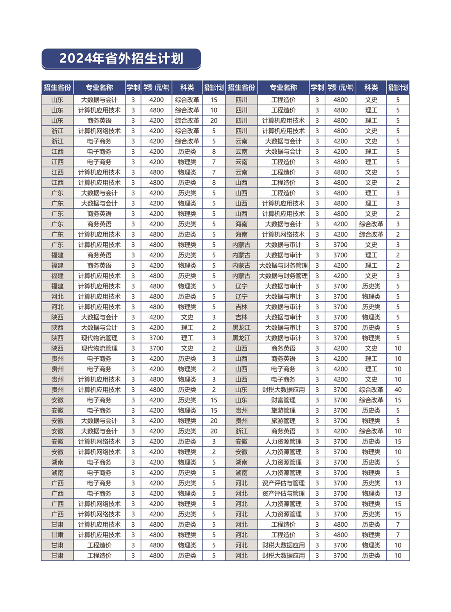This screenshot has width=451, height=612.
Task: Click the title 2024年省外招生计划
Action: coord(121,59)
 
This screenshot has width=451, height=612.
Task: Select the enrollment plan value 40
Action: coord(398,390)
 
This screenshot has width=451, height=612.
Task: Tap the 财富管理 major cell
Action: coord(283,400)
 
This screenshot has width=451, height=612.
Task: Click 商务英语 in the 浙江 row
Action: coord(283,431)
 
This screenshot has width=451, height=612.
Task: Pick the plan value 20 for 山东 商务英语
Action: coord(214,121)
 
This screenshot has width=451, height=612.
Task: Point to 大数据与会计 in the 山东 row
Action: coord(99,100)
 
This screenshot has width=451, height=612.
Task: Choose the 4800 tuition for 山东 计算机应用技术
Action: coord(156,110)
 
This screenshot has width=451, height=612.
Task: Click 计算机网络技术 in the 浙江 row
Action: coord(99,131)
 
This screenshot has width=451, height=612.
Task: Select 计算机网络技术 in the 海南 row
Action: coord(283,234)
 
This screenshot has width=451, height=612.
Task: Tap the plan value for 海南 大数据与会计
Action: coord(398,224)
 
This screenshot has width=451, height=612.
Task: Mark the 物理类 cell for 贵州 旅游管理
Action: coord(371,421)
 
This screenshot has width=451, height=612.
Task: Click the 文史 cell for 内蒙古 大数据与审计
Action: coord(371,245)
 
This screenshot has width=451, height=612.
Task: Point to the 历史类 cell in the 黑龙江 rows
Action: coord(371,328)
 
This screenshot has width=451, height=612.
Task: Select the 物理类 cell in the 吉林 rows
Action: coord(371,317)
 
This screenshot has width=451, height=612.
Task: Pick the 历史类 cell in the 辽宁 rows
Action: coord(371,286)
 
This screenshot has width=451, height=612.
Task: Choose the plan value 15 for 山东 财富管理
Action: coord(398,400)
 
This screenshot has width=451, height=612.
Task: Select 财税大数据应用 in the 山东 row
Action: coord(283,390)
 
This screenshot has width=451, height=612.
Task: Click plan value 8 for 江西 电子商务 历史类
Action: coord(214,152)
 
